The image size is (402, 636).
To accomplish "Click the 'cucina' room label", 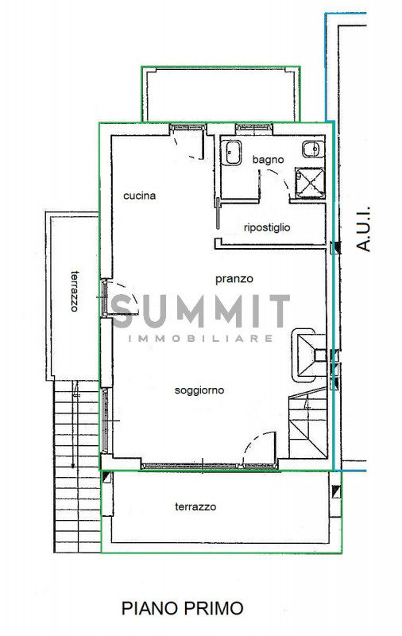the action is click(x=139, y=196).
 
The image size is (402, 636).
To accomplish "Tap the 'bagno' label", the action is click(x=268, y=160).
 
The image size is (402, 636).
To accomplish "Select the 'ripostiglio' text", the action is click(x=267, y=227).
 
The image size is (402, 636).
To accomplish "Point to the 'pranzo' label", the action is click(x=234, y=279).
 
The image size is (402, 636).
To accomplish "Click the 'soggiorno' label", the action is click(x=199, y=390).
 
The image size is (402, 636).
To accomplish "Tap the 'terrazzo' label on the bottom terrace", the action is click(x=195, y=506).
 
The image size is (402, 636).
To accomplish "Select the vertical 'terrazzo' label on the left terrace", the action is click(x=74, y=291).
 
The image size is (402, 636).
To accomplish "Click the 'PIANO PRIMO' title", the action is click(x=183, y=608).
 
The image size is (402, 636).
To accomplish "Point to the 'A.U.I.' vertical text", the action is click(x=365, y=228).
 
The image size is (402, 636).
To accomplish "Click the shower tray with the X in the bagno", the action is click(x=310, y=183).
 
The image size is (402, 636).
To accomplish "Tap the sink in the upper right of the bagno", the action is click(x=313, y=149).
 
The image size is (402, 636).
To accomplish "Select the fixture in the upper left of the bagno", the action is click(x=231, y=153).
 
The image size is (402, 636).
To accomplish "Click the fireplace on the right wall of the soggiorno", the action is click(x=309, y=355).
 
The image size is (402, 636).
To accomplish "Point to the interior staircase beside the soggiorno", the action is click(x=308, y=423).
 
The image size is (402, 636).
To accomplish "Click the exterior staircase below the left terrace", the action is click(x=77, y=467).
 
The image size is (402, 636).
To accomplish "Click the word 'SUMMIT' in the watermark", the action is click(x=200, y=311).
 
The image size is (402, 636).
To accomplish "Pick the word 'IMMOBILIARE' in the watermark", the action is click(x=200, y=339).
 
